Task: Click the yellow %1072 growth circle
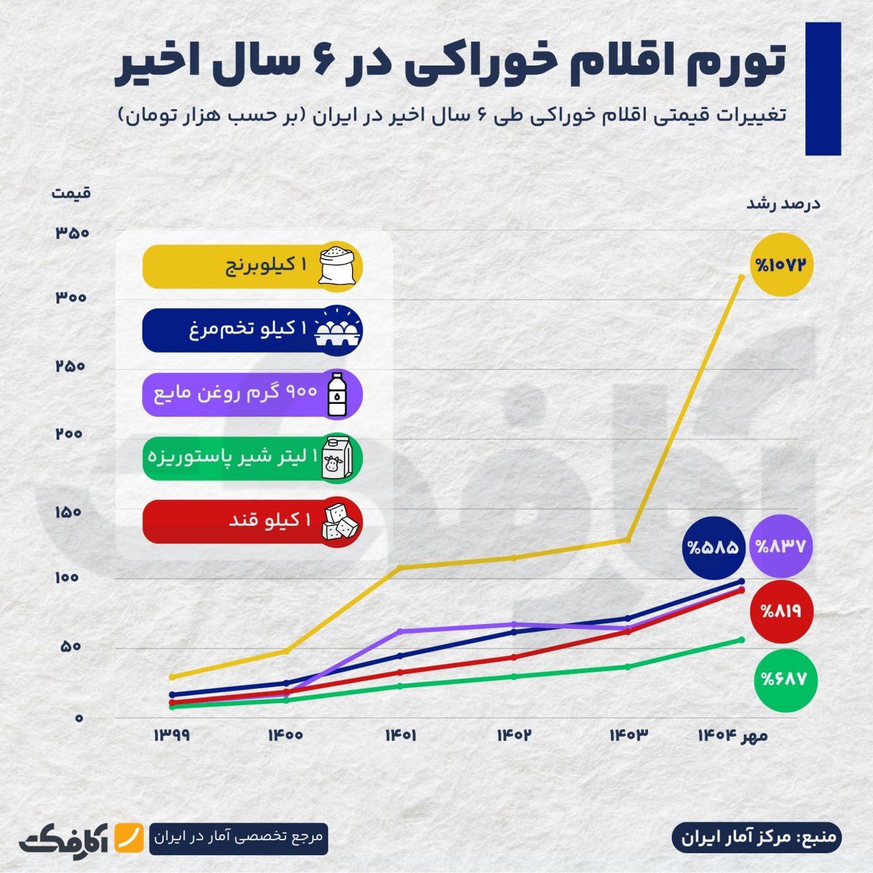783,264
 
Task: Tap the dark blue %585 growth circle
713,546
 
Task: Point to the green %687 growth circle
786,679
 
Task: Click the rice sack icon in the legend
339,265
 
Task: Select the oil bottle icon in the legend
338,394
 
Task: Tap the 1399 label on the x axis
172,736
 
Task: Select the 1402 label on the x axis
514,736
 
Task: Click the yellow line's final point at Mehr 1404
741,277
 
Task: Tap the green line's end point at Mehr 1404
741,640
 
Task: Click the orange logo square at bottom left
128,836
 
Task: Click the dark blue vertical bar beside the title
823,89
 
